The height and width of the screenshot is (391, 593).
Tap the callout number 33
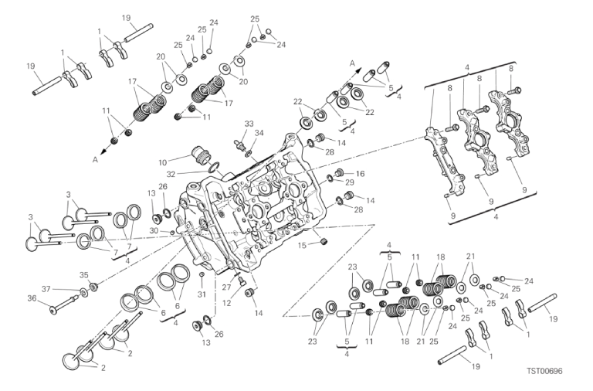(x=249, y=124)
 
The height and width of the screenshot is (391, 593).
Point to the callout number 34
(x=259, y=133)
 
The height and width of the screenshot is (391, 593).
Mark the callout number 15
(x=303, y=245)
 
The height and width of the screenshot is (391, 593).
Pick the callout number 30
(x=154, y=230)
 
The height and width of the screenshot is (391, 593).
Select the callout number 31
(x=202, y=293)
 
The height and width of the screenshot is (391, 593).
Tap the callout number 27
(x=226, y=287)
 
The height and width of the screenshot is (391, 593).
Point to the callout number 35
(x=84, y=274)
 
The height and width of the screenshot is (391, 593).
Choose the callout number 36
(x=32, y=297)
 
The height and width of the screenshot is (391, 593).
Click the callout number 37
(x=46, y=289)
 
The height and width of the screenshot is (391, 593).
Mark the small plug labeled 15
(x=324, y=243)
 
